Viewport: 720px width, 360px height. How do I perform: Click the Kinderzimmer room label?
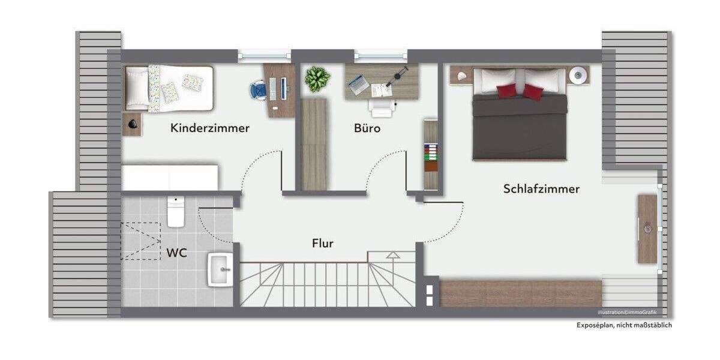click(209, 128)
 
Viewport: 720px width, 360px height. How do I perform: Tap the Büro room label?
click(367, 128)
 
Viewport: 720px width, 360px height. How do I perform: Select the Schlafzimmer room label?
click(541, 189)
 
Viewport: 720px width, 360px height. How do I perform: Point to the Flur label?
click(323, 243)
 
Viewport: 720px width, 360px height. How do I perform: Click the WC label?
click(176, 253)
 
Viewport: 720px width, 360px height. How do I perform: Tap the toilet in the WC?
click(176, 213)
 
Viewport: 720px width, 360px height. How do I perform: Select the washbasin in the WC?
click(220, 270)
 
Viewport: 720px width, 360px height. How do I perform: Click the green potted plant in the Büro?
click(317, 79)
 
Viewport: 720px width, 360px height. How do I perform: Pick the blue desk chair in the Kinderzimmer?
click(258, 90)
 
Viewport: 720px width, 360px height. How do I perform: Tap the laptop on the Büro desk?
click(359, 84)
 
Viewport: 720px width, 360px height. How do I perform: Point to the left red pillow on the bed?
click(506, 90)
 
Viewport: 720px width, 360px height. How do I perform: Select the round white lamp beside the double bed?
click(578, 75)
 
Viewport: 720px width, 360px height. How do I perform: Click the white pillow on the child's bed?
click(136, 88)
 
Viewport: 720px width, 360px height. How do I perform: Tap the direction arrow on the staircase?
click(392, 255)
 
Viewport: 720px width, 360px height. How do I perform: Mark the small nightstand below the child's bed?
click(132, 124)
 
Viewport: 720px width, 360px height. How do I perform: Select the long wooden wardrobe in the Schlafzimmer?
click(520, 293)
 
